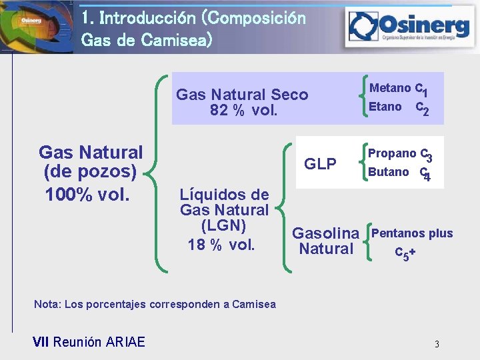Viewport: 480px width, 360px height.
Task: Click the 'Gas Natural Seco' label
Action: click(x=242, y=95)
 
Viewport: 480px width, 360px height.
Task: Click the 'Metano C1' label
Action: click(x=399, y=89)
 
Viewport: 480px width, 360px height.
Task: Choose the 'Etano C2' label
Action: click(x=399, y=107)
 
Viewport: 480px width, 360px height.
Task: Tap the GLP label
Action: click(x=320, y=164)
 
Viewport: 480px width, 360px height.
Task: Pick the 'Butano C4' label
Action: click(x=399, y=173)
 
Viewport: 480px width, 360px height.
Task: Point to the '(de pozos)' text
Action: click(x=90, y=173)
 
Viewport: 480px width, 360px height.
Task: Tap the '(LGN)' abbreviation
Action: click(x=224, y=226)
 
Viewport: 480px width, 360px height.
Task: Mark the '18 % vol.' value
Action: click(x=221, y=245)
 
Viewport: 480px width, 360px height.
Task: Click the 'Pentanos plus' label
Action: click(x=412, y=233)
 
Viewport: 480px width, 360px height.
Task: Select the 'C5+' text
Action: click(x=406, y=253)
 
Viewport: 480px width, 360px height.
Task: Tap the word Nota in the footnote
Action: click(x=45, y=305)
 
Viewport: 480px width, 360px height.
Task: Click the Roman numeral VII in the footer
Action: click(x=41, y=343)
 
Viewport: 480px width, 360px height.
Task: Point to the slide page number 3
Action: click(x=437, y=345)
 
